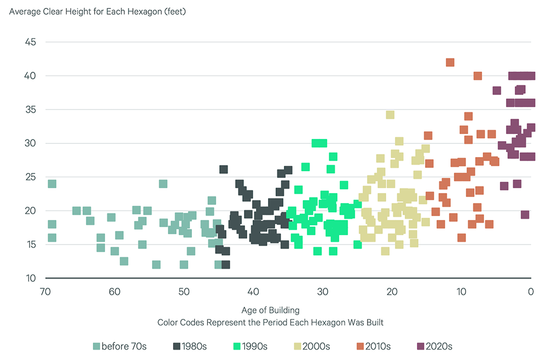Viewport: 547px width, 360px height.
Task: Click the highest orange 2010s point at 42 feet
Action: click(x=450, y=62)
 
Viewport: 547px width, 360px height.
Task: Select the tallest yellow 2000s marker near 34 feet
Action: click(x=390, y=115)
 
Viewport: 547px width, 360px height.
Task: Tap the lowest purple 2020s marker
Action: click(x=525, y=214)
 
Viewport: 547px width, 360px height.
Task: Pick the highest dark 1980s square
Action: click(x=223, y=170)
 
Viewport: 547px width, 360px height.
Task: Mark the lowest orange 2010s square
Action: click(x=462, y=237)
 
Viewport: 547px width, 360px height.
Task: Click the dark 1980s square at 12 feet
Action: click(x=225, y=265)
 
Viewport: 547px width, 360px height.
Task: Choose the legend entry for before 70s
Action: click(x=120, y=346)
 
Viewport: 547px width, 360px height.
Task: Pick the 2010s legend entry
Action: click(x=375, y=346)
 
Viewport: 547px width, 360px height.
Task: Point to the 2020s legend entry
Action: click(x=435, y=346)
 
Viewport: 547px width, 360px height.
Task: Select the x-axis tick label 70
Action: click(x=45, y=291)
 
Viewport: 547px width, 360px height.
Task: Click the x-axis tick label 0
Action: click(x=531, y=291)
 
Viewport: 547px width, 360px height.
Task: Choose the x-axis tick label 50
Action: click(x=184, y=291)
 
